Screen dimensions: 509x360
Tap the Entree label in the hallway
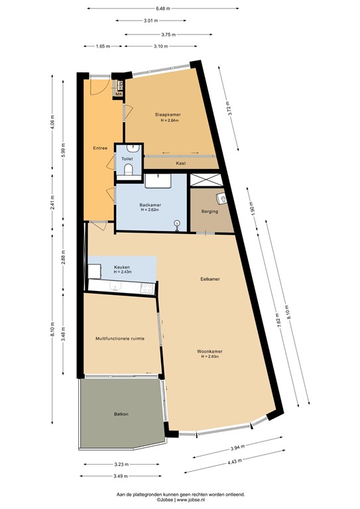click(x=100, y=148)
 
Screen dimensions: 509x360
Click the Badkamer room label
click(x=150, y=205)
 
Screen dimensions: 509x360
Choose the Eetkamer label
click(x=210, y=279)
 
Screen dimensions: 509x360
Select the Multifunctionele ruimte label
click(x=119, y=338)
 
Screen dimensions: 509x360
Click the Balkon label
click(x=120, y=414)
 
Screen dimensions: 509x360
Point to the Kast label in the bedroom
click(x=180, y=163)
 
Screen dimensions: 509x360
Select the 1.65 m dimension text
click(x=103, y=46)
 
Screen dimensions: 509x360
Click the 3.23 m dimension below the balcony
click(x=120, y=464)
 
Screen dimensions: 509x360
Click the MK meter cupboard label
click(x=119, y=95)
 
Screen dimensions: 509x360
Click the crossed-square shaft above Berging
click(x=207, y=179)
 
